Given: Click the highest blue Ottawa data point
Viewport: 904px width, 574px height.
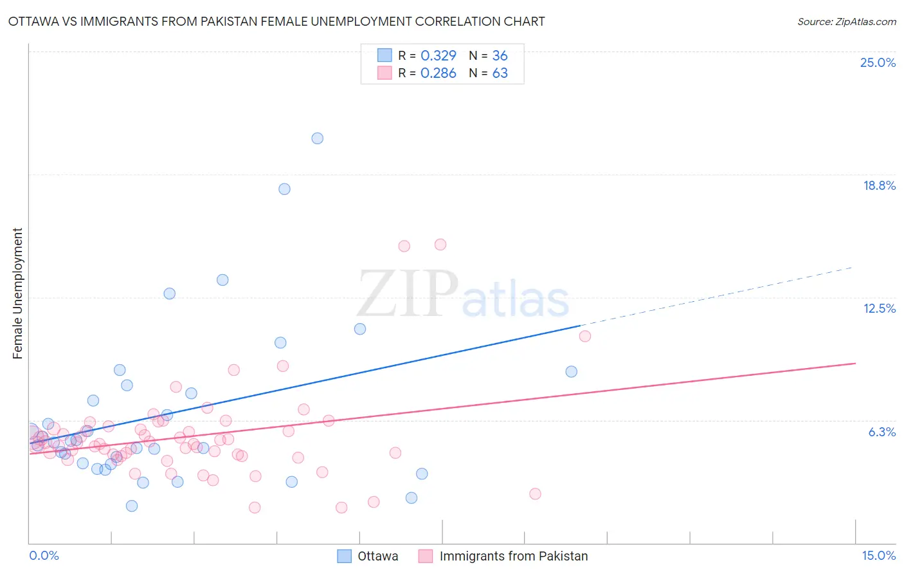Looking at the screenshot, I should point(317,138).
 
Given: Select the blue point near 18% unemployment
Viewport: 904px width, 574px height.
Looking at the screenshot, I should point(284,189).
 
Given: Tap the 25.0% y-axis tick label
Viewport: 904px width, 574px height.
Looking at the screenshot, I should point(878,62).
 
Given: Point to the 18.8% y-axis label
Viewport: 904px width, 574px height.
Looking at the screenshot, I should point(879,185).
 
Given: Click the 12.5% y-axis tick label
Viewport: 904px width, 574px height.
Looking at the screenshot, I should point(879,308).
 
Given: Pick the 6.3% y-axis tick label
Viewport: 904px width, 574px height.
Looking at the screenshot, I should point(881,432).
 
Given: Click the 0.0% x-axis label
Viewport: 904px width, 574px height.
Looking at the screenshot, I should point(44,555).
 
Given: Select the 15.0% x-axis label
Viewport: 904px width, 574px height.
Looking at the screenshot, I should point(878,555).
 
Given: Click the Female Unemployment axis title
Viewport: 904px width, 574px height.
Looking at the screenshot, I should point(17,293).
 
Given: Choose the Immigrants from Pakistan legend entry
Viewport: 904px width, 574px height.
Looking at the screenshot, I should point(503,556).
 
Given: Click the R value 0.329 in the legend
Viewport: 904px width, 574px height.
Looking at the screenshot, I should point(438,55).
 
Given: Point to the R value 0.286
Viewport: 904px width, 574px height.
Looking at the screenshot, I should point(438,73).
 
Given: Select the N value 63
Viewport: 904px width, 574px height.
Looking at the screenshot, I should point(500,73).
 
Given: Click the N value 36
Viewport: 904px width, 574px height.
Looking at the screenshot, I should point(500,55).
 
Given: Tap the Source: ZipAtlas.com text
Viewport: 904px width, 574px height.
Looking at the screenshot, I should point(846,22).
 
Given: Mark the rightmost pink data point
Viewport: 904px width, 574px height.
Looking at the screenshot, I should point(584,336).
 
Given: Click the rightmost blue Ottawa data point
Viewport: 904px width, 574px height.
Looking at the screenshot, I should point(571,371).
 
